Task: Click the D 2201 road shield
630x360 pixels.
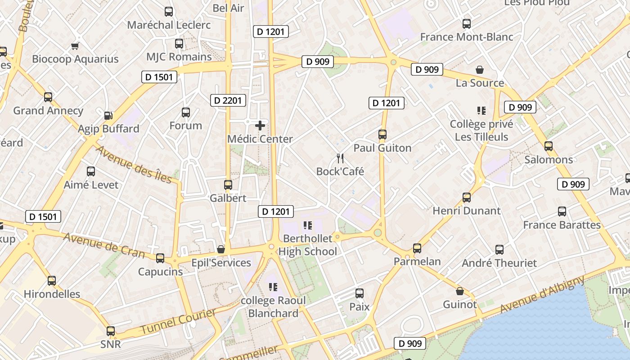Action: tap(228, 100)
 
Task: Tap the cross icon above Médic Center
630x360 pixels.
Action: tap(260, 126)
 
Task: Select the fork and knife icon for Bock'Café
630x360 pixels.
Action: tap(340, 158)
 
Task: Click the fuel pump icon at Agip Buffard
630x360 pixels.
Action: tap(108, 116)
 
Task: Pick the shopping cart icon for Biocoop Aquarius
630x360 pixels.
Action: tap(75, 46)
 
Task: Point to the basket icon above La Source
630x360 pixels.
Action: tap(480, 70)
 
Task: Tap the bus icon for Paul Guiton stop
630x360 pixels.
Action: tap(382, 135)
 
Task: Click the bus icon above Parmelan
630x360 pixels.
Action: tap(417, 248)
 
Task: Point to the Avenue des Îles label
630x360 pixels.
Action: tap(134, 164)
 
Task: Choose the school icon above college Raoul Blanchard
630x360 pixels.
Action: tap(273, 287)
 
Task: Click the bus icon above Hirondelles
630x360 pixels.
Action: tap(52, 281)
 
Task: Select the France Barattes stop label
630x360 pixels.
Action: tap(562, 225)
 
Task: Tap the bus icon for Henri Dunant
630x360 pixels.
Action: tap(467, 198)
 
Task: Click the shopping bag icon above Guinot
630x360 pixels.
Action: tap(460, 291)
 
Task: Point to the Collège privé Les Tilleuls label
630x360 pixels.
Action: tap(481, 130)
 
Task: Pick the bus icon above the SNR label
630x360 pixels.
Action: tap(111, 331)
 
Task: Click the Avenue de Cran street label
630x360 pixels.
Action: tap(104, 245)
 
